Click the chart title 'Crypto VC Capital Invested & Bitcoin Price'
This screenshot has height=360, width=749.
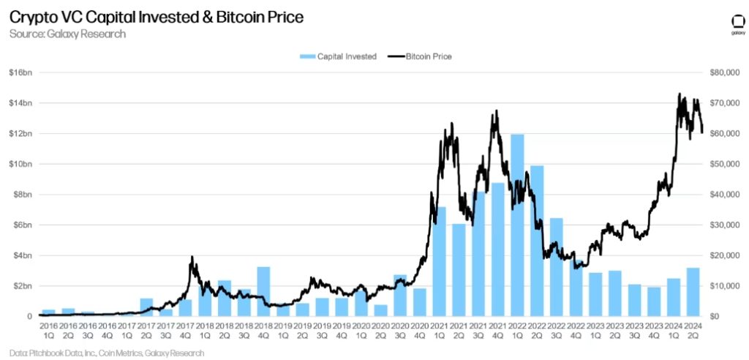[156, 16]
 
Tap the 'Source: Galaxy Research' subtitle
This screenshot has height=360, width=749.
[67, 34]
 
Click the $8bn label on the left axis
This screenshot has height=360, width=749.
[21, 195]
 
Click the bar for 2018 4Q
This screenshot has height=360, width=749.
[263, 291]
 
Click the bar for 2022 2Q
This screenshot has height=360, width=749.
[537, 241]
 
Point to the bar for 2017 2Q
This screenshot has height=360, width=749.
[146, 307]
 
